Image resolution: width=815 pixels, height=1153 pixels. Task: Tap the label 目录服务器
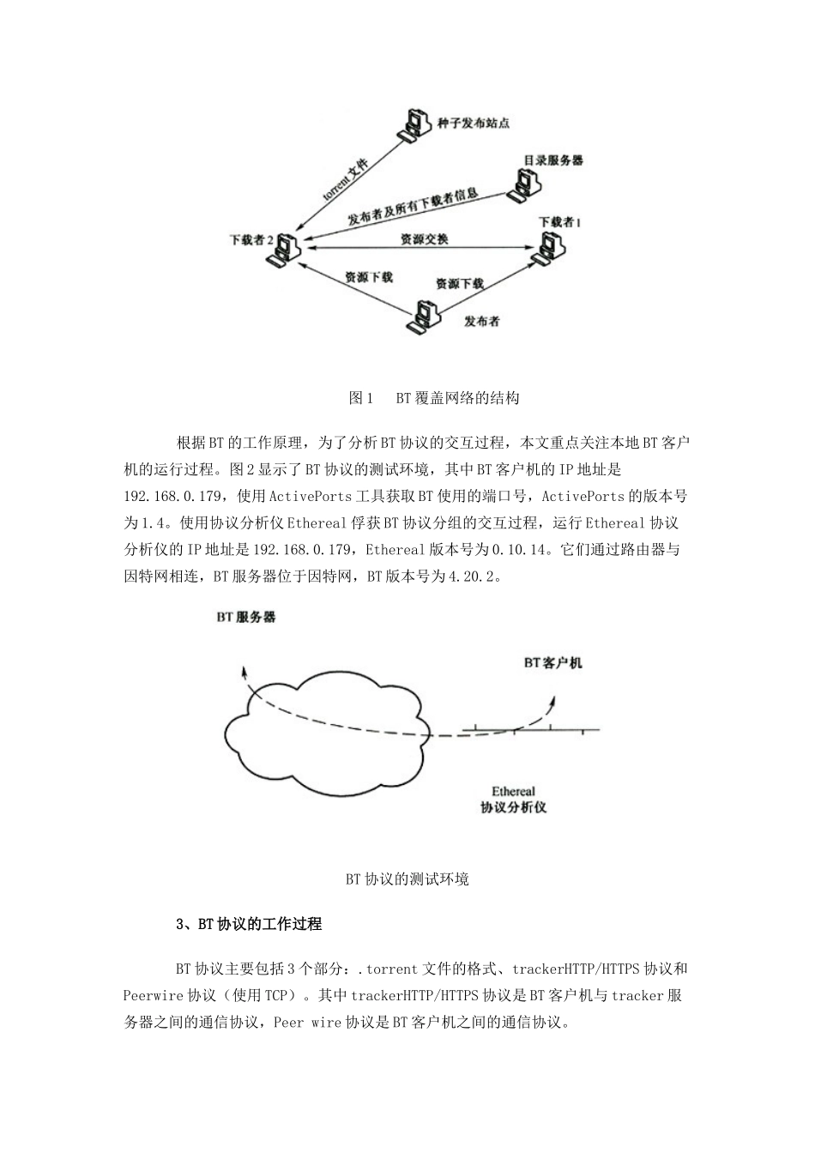(x=553, y=160)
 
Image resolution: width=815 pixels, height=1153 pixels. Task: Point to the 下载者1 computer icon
(x=549, y=246)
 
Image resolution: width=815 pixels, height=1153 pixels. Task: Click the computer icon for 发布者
(x=423, y=316)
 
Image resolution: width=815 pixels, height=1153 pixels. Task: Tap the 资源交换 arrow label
(x=424, y=239)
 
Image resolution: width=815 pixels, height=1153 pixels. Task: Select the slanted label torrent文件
(x=345, y=178)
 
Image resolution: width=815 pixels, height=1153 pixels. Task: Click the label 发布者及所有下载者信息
(x=412, y=208)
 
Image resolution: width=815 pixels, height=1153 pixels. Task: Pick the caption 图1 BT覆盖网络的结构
(x=434, y=398)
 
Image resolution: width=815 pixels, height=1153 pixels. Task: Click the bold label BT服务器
(x=246, y=616)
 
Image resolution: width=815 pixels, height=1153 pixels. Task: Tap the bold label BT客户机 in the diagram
(x=553, y=662)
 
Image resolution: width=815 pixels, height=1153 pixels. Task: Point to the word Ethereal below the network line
(x=513, y=791)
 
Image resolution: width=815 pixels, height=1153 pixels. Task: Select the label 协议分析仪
(x=513, y=807)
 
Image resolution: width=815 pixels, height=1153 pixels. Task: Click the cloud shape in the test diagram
(x=322, y=725)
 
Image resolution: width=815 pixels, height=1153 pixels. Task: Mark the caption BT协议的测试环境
(x=407, y=879)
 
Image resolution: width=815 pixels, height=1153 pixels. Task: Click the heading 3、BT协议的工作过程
(x=249, y=924)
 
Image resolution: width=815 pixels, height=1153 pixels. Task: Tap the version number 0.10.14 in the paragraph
(x=520, y=550)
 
